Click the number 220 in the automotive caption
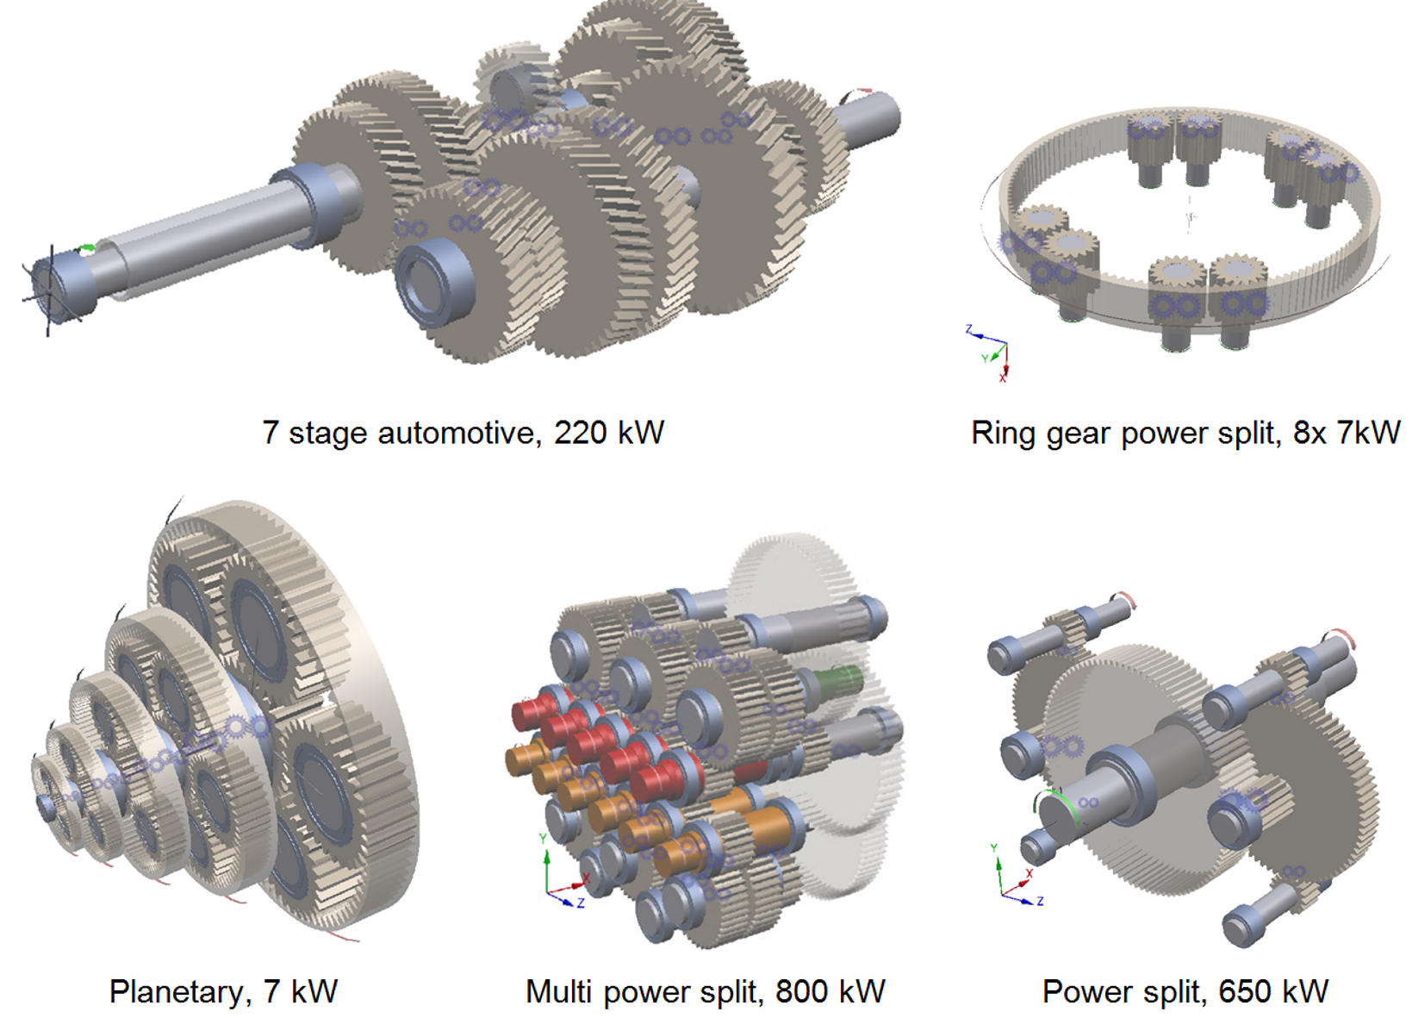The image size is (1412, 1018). [582, 433]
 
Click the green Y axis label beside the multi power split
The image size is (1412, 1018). [543, 838]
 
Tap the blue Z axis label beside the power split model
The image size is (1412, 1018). [1041, 902]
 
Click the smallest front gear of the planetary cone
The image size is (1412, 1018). [47, 802]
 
